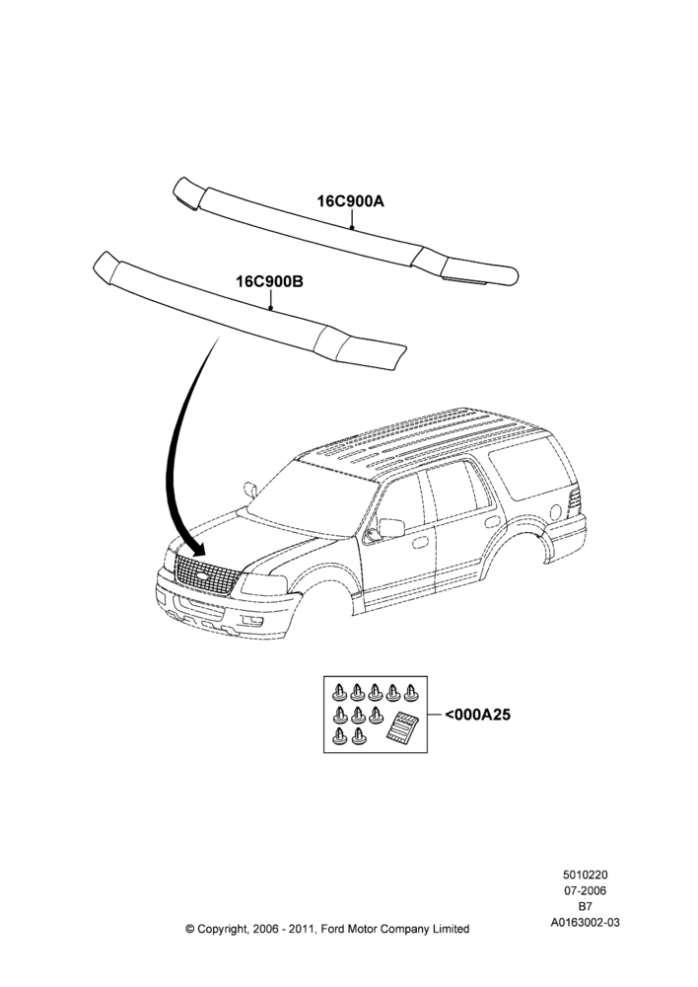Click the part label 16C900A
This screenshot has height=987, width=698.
coord(350,201)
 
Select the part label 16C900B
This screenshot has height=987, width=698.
coord(270,281)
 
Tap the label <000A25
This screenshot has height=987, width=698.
coord(477,715)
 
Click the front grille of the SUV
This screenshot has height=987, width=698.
coord(206,572)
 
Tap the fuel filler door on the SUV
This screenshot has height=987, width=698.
coord(555,511)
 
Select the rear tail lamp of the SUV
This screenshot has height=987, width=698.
coord(574,500)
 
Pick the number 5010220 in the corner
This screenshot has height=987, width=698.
coord(585,874)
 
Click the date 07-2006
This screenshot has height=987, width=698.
coord(585,890)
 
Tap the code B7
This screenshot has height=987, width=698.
coord(585,907)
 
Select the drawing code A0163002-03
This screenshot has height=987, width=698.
coord(585,923)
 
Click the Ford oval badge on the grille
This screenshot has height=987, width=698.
coord(202,575)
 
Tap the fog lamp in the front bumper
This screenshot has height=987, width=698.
coord(254,623)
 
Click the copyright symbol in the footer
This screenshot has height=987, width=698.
coord(190,929)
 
